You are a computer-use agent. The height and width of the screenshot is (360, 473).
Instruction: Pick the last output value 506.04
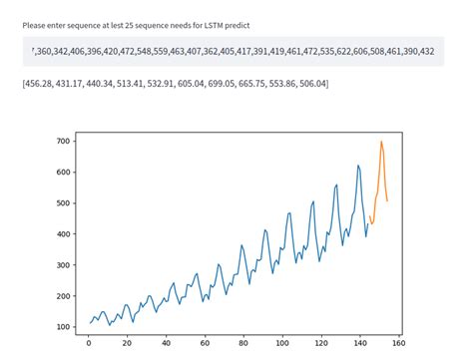[308, 82]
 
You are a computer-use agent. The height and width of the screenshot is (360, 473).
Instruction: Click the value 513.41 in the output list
[127, 82]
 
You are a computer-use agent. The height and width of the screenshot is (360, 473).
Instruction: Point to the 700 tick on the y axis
[63, 142]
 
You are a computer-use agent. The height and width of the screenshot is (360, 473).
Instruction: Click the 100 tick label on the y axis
[63, 327]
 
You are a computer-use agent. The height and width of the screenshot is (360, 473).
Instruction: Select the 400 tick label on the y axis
[63, 234]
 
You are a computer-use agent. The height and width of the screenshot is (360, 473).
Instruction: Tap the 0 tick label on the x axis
[89, 344]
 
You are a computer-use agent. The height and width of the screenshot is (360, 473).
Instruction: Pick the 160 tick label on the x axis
[397, 344]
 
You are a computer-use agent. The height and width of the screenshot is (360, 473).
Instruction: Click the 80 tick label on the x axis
[242, 344]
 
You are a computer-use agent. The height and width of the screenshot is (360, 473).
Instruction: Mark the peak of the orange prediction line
[381, 142]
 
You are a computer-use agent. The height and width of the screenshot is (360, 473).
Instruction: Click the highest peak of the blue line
[358, 166]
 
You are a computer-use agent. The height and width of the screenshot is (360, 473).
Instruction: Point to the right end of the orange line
[387, 201]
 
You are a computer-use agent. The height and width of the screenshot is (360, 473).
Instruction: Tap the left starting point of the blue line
[89, 323]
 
